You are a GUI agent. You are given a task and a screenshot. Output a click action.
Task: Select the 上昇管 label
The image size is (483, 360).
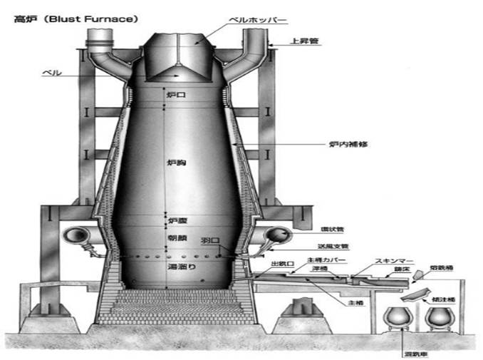pos(306,42)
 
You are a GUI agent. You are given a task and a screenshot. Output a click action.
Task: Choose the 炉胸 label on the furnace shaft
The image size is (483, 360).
pos(175,164)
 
